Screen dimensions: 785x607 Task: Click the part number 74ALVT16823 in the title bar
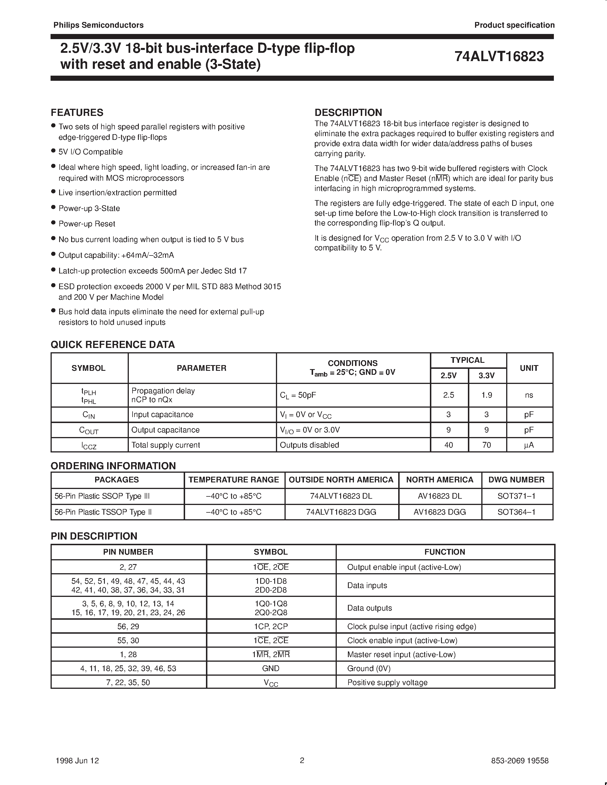pos(499,57)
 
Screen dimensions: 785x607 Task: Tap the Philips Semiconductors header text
pos(98,25)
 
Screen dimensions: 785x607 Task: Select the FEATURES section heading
pos(77,112)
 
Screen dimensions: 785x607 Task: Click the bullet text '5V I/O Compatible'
pos(91,152)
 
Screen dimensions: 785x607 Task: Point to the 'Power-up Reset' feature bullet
pos(87,224)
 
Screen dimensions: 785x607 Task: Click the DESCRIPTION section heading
pos(348,112)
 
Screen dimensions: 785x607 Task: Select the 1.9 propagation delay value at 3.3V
pos(486,395)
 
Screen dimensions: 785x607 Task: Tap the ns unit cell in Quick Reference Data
pos(529,395)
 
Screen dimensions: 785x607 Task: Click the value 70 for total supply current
pos(486,445)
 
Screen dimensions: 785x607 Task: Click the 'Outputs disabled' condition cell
pos(309,445)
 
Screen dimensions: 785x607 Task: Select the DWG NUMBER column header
pos(516,480)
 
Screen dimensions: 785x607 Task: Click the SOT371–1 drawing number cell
pos(516,496)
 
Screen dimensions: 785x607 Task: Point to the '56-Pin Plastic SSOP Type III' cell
pos(102,496)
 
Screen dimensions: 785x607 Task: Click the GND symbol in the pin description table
pos(271,668)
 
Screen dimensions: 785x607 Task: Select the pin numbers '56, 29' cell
pos(128,627)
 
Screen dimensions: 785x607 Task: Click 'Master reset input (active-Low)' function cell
pos(401,655)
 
